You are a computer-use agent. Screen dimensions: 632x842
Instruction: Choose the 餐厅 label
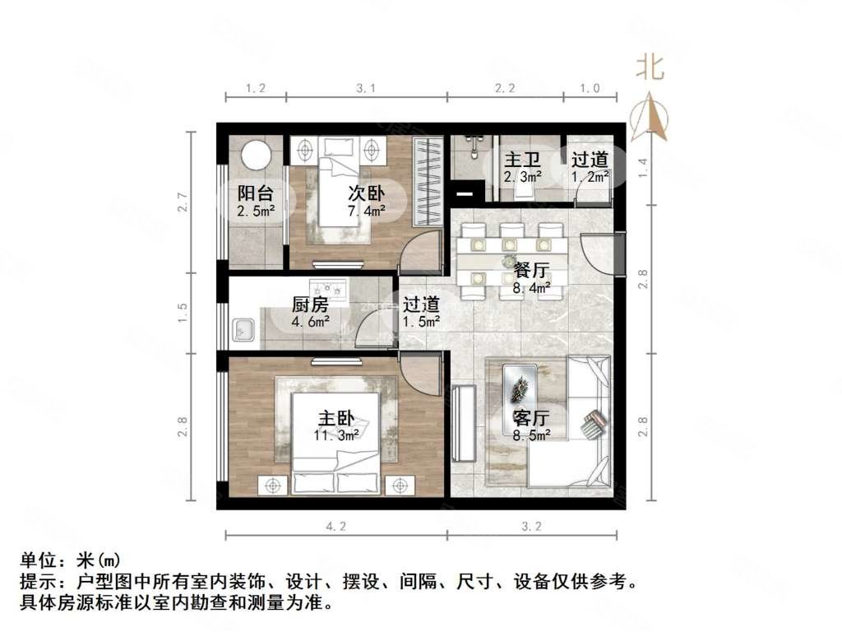[x=530, y=270]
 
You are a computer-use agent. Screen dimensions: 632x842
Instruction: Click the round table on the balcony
[x=257, y=156]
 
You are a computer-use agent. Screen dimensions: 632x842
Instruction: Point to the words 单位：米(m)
[x=71, y=561]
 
